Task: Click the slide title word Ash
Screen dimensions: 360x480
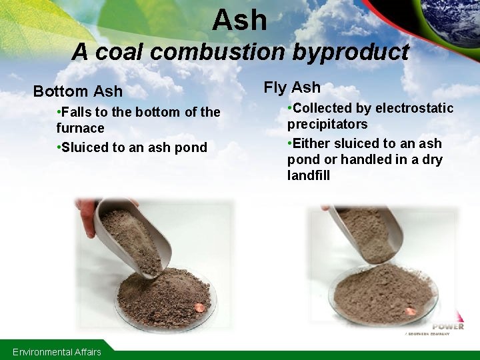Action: [240, 20]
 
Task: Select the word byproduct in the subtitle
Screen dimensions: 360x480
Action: [354, 51]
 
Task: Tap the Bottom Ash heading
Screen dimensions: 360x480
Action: [78, 91]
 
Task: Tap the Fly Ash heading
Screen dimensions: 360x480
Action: [292, 87]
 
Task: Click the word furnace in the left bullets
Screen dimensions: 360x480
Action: [80, 128]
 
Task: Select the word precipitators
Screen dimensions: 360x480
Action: [327, 124]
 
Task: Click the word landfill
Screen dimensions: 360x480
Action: [308, 175]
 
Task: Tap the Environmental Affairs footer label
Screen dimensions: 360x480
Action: [57, 351]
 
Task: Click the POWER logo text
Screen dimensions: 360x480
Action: [448, 326]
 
